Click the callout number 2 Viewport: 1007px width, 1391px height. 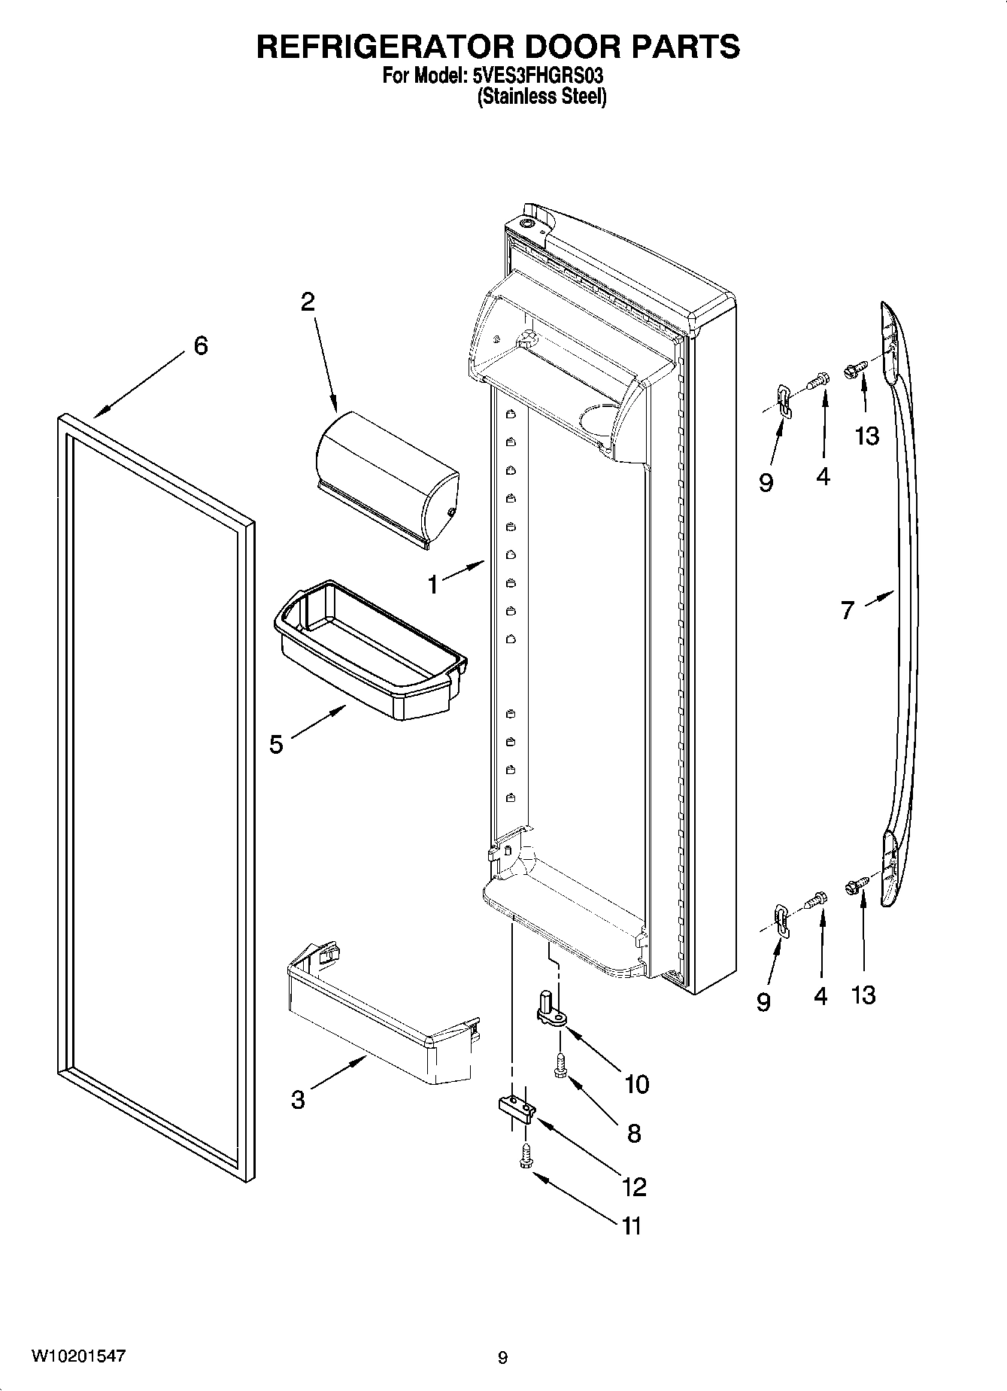click(308, 302)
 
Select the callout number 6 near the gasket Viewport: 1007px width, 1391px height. click(200, 346)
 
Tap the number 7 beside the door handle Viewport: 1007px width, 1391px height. click(848, 610)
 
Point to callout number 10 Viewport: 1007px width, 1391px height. click(636, 1084)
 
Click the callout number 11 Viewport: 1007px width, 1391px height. click(631, 1225)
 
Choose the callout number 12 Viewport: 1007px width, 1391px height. click(634, 1186)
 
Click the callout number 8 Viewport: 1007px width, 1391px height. click(634, 1133)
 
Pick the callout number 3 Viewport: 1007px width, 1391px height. click(298, 1100)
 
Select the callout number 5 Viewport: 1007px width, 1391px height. click(276, 745)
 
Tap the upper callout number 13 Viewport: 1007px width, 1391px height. click(866, 436)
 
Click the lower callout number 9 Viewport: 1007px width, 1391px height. click(764, 1002)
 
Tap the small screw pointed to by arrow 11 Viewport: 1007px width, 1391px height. click(526, 1156)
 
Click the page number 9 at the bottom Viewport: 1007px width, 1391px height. click(502, 1358)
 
